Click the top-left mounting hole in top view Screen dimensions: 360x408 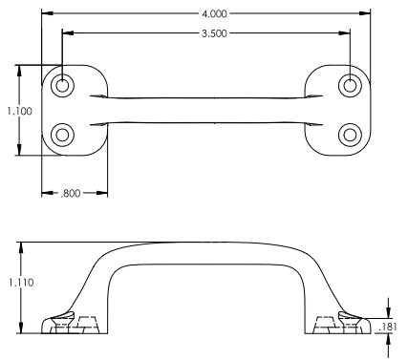[62, 86]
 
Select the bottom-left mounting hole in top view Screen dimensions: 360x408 [62, 133]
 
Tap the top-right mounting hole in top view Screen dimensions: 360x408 [351, 86]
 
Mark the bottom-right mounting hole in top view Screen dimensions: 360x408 [351, 133]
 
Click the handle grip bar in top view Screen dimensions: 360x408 [206, 110]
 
